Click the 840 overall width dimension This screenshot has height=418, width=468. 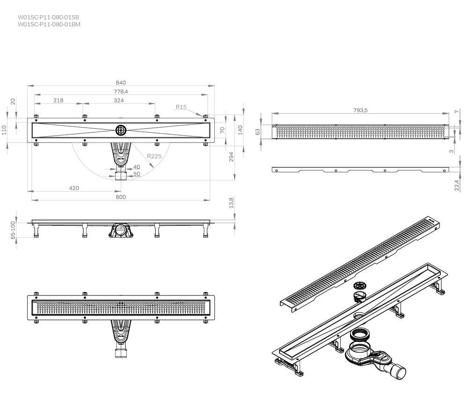pyautogui.click(x=121, y=83)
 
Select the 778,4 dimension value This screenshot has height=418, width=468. pyautogui.click(x=121, y=92)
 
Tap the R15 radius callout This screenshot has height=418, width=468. pyautogui.click(x=181, y=107)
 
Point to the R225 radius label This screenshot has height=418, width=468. pyautogui.click(x=154, y=156)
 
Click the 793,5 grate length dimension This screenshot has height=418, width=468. pyautogui.click(x=360, y=110)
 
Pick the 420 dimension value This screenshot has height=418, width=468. pyautogui.click(x=74, y=188)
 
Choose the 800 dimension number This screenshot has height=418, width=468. pyautogui.click(x=121, y=197)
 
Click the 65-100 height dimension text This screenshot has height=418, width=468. pyautogui.click(x=13, y=230)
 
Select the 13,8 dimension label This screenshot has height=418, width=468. pyautogui.click(x=231, y=202)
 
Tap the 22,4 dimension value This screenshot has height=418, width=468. pyautogui.click(x=457, y=186)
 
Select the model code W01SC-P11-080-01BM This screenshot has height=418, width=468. pyautogui.click(x=49, y=24)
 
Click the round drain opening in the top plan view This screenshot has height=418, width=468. pyautogui.click(x=121, y=130)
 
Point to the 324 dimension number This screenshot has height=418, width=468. pyautogui.click(x=119, y=101)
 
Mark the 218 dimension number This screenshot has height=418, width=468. pyautogui.click(x=58, y=101)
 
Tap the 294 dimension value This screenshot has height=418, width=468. pyautogui.click(x=231, y=157)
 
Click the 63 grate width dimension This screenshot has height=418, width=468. pyautogui.click(x=257, y=132)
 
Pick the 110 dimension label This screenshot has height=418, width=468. pyautogui.click(x=4, y=130)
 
